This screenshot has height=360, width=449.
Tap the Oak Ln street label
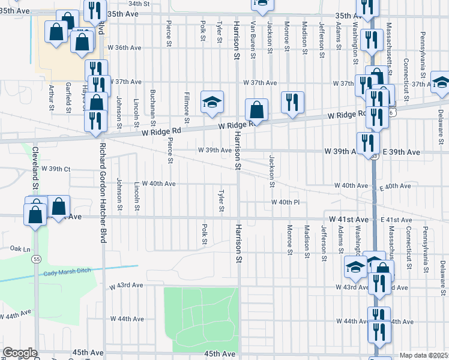20,248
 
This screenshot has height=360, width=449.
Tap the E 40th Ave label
395,187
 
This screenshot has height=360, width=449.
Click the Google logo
19,353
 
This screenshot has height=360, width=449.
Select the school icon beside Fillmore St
212,102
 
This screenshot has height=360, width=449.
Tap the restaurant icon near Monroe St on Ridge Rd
292,103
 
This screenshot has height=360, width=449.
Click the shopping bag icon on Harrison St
256,110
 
